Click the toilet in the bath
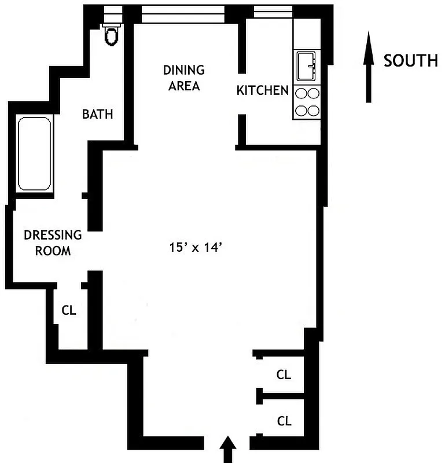(111, 35)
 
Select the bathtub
(35, 154)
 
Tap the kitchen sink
(307, 67)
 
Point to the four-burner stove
(307, 102)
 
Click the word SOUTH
(411, 60)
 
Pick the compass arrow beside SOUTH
(367, 67)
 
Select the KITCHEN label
(262, 90)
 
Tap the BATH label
(97, 114)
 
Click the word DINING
(183, 71)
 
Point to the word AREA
(184, 86)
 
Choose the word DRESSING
(53, 235)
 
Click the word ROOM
(53, 251)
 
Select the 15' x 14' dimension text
(196, 248)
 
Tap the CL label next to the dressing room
(69, 310)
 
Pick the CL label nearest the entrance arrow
(284, 421)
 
